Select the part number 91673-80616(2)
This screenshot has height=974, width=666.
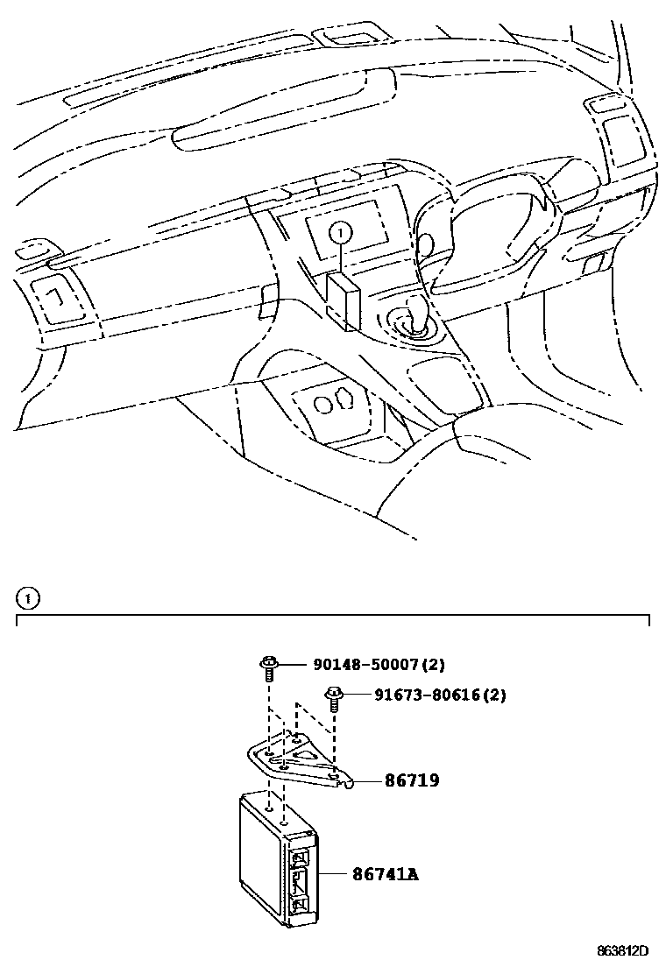click(440, 695)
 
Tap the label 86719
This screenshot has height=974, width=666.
click(411, 780)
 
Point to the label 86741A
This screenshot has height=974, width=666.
click(385, 873)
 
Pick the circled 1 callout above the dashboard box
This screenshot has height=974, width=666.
click(342, 232)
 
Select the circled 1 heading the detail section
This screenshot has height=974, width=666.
click(28, 599)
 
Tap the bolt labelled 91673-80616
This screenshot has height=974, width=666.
click(332, 699)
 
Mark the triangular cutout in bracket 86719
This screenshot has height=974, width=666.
click(308, 753)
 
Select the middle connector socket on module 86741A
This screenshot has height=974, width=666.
click(300, 880)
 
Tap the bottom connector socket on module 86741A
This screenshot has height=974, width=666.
click(300, 905)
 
